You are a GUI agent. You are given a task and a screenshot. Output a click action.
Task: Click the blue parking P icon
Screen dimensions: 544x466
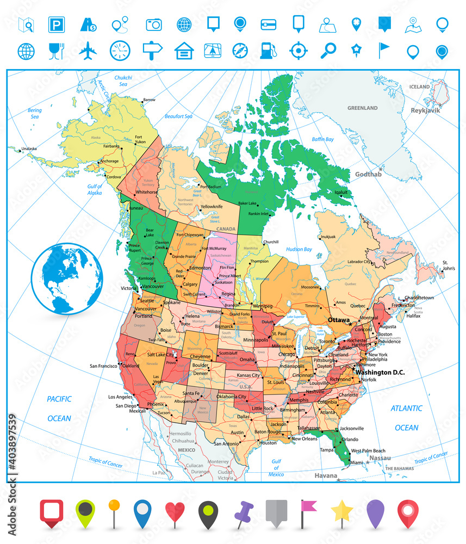[56, 24]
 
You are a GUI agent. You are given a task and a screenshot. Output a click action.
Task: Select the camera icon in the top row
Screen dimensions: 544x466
[154, 24]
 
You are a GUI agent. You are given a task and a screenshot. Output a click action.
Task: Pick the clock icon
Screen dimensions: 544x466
[120, 51]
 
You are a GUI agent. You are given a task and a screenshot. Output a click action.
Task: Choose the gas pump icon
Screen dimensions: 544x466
[266, 51]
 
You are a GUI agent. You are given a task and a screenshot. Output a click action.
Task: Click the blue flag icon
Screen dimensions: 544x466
[386, 50]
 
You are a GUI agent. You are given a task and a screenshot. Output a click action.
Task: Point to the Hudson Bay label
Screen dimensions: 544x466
[300, 249]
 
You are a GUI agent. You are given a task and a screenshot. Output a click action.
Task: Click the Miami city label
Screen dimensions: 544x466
[356, 462]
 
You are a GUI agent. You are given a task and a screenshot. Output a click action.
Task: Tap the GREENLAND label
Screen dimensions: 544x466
[363, 108]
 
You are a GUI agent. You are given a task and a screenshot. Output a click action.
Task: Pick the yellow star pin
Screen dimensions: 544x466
[342, 511]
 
